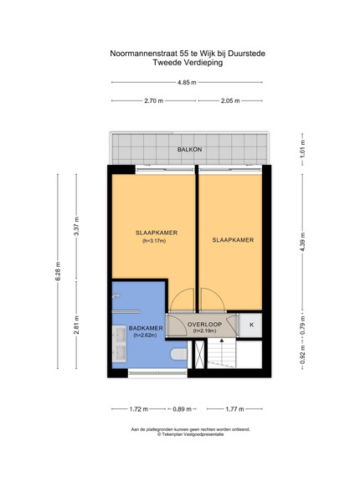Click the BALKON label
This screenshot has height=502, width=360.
click(189, 150)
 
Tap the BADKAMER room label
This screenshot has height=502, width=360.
click(146, 328)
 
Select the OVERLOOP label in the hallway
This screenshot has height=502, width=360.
click(204, 325)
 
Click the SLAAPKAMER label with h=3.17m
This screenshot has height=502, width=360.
click(157, 233)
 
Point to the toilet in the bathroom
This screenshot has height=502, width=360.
click(178, 354)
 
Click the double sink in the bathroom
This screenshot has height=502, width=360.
click(119, 344)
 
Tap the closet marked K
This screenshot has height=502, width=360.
click(251, 325)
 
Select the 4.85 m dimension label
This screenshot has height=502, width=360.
click(187, 82)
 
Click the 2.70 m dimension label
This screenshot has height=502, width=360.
click(154, 101)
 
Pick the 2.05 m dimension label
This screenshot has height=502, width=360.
click(230, 101)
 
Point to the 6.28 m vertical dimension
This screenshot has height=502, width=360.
click(58, 271)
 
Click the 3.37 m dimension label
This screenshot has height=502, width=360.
click(76, 226)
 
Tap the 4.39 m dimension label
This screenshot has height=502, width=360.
click(303, 242)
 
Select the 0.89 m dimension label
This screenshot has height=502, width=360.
click(183, 409)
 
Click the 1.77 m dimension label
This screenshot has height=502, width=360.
click(234, 409)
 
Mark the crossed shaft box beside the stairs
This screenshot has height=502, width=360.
click(199, 355)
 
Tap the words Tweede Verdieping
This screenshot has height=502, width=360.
click(188, 63)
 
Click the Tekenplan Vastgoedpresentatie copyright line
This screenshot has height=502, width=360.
click(190, 434)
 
